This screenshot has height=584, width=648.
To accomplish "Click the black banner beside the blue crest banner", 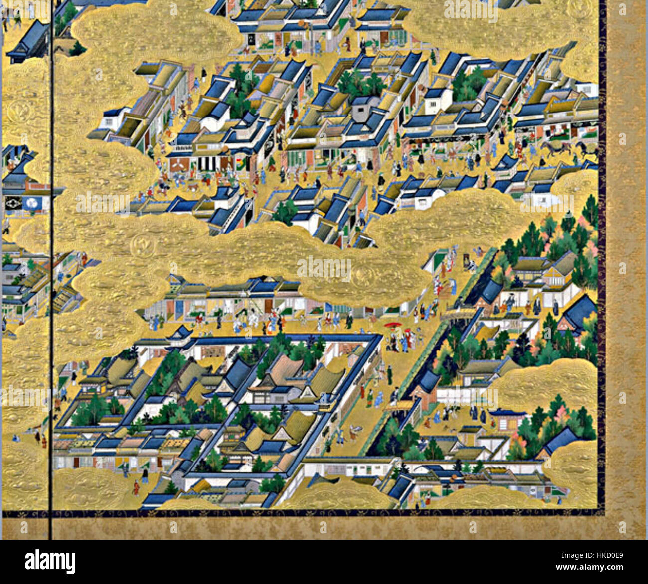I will coord(13,202).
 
